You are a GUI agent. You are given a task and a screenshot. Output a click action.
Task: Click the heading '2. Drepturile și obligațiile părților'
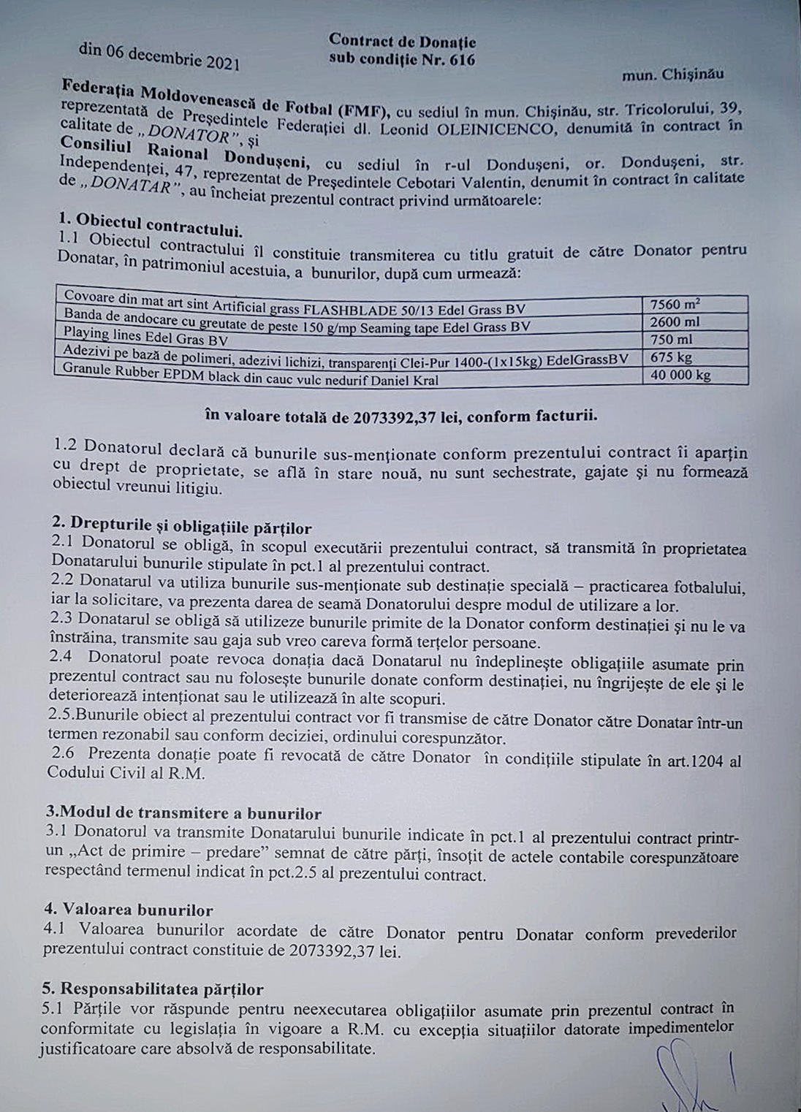pyautogui.click(x=181, y=527)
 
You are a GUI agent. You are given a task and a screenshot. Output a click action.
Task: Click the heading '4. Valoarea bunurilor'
pyautogui.click(x=128, y=910)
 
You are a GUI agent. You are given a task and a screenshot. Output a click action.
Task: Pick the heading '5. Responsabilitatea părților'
pyautogui.click(x=152, y=989)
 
